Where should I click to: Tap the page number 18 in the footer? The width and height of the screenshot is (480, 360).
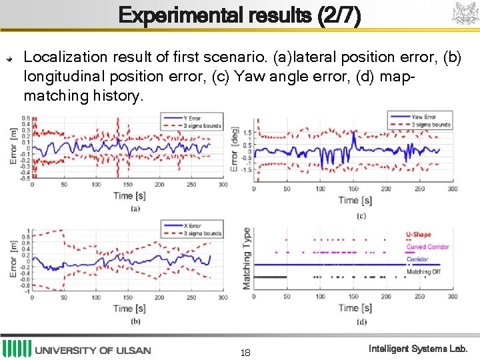(246, 353)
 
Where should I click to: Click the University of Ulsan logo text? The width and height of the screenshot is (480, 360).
(93, 350)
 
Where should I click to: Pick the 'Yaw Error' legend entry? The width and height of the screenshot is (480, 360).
(424, 117)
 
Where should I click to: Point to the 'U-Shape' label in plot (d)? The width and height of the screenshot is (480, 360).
(419, 235)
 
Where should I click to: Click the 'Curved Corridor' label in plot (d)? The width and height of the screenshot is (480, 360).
(427, 247)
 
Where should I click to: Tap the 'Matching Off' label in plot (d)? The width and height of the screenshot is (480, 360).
(423, 272)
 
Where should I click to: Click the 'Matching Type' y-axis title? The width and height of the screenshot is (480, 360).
(247, 258)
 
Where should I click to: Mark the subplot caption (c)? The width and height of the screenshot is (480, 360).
(361, 215)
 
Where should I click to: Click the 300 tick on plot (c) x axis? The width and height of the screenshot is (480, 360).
(452, 189)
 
